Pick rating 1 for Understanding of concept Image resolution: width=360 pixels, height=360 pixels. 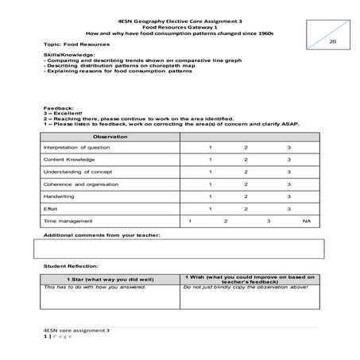point(211,172)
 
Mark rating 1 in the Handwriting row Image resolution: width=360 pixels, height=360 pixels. point(211,195)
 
